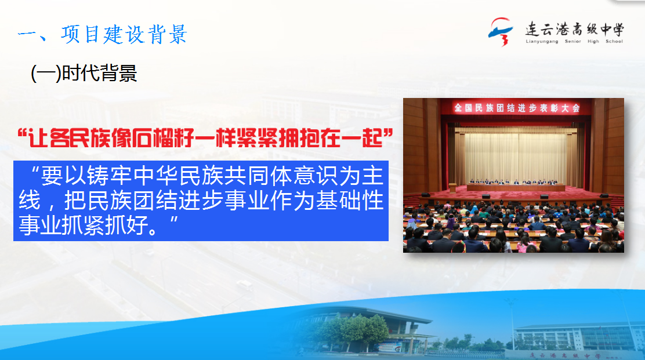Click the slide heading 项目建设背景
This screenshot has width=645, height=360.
[x=124, y=34]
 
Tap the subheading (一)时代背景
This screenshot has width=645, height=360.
[x=84, y=74]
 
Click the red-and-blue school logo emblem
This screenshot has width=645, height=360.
[x=501, y=31]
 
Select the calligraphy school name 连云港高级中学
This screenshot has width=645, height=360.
[x=574, y=30]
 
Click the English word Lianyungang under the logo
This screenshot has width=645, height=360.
[x=542, y=42]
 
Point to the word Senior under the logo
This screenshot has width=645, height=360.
[x=572, y=42]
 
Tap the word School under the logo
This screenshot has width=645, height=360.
[x=614, y=42]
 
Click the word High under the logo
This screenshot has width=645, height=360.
[x=593, y=42]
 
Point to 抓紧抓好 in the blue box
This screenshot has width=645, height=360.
[x=104, y=225]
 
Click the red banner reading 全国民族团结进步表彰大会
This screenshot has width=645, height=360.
[x=517, y=108]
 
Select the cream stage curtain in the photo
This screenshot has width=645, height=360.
[x=516, y=155]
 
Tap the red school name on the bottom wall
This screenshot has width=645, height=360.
[x=565, y=355]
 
